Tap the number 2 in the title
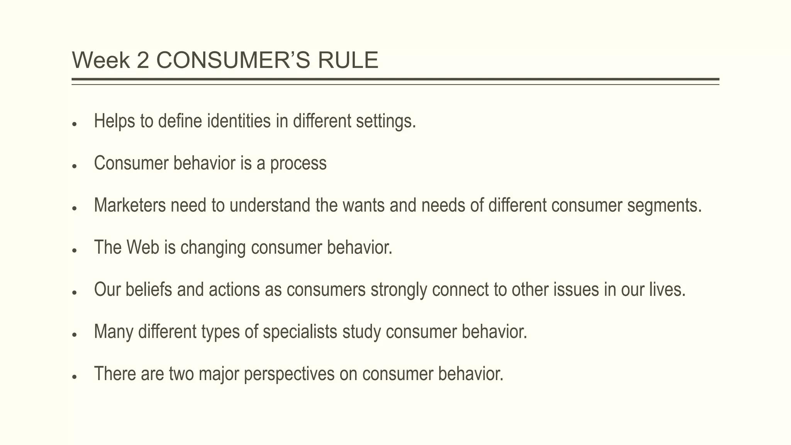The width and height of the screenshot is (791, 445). [x=143, y=61]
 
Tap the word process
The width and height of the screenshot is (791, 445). [x=298, y=164]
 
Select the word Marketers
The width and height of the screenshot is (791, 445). [x=130, y=205]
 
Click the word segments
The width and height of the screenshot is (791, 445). [x=664, y=206]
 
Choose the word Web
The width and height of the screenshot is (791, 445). [x=143, y=247]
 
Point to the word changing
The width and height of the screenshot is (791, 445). [x=213, y=248]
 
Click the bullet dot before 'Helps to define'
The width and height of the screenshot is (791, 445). [x=75, y=124]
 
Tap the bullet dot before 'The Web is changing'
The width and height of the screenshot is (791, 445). [x=75, y=250]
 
